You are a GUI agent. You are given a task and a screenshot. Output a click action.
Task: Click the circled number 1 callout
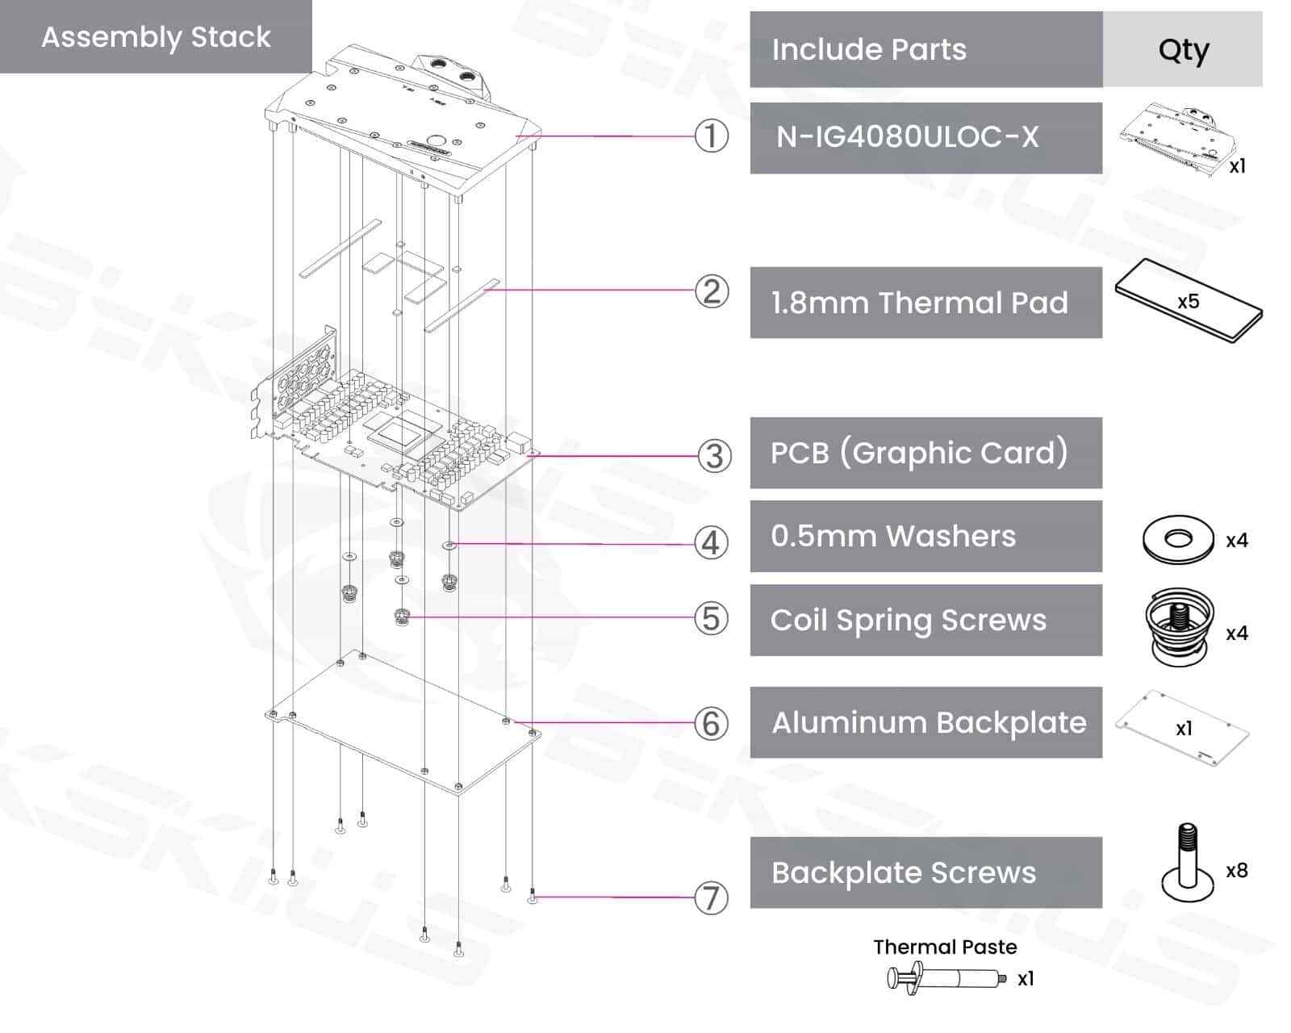(711, 136)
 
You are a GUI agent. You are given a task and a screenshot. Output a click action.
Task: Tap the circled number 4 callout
(711, 543)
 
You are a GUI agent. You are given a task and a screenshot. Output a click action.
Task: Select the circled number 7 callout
(711, 897)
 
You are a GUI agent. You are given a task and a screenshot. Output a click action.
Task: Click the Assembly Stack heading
(156, 37)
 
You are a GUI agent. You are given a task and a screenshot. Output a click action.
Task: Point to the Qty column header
(1183, 49)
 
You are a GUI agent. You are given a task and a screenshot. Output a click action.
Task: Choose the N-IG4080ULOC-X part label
(908, 137)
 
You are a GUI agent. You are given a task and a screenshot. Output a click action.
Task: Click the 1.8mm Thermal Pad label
(920, 303)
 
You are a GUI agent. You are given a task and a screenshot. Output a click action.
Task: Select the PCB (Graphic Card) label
(920, 453)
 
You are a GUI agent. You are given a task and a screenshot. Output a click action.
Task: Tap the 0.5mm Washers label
(893, 536)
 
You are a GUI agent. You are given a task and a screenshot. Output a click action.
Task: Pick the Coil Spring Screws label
(909, 620)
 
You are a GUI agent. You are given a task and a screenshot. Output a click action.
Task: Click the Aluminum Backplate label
(929, 722)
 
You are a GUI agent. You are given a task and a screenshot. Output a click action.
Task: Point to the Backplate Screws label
(904, 872)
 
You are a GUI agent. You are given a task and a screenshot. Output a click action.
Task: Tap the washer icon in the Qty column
(1178, 539)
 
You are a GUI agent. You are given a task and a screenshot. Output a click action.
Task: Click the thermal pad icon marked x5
(1188, 302)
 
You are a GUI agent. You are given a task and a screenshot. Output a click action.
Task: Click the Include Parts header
(869, 49)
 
